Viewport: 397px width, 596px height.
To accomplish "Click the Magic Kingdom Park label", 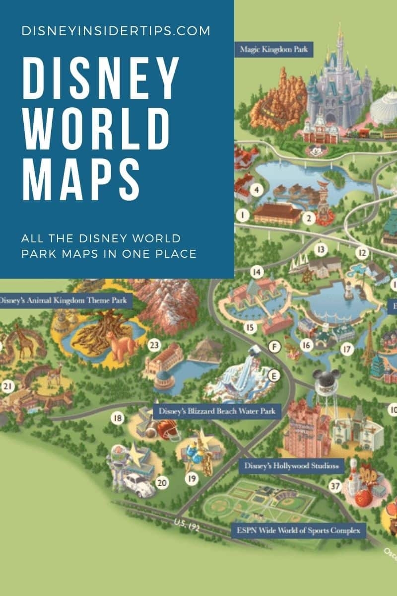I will pyautogui.click(x=274, y=50).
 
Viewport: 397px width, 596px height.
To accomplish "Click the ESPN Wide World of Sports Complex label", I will pyautogui.click(x=299, y=530).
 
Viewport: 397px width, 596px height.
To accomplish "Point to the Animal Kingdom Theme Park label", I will pyautogui.click(x=65, y=300).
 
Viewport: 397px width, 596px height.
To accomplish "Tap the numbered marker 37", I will pyautogui.click(x=336, y=486).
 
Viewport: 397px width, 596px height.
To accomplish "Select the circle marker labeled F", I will pyautogui.click(x=274, y=347).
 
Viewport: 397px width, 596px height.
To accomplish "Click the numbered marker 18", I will pyautogui.click(x=118, y=418).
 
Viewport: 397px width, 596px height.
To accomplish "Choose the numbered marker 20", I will pyautogui.click(x=162, y=482).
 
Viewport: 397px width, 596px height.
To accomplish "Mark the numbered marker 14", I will pyautogui.click(x=256, y=272).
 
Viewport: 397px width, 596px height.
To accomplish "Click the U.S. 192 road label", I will pyautogui.click(x=187, y=525).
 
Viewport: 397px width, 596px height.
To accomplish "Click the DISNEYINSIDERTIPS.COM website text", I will pyautogui.click(x=116, y=31).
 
